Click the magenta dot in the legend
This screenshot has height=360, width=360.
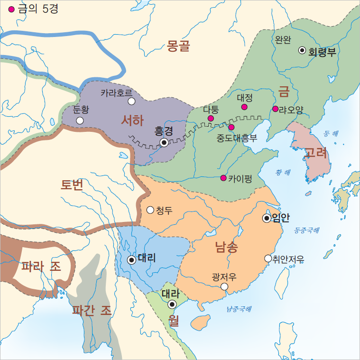click(x=11, y=9)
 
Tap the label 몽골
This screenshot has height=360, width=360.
click(x=178, y=46)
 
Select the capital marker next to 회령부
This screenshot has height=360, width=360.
click(x=302, y=50)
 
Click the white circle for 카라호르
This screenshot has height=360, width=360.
click(x=131, y=101)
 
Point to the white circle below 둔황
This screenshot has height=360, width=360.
click(x=80, y=120)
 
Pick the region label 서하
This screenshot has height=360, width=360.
click(x=132, y=120)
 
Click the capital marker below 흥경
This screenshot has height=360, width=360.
click(x=164, y=142)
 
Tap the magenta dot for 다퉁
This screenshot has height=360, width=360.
click(x=211, y=118)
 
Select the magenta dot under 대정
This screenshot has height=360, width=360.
click(x=244, y=107)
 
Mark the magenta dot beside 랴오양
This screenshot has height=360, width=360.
click(x=276, y=109)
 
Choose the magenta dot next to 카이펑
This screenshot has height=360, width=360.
click(x=223, y=178)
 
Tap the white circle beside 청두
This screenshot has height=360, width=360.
click(x=150, y=210)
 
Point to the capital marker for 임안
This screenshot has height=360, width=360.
click(x=267, y=218)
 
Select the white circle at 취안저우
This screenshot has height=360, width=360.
click(x=268, y=258)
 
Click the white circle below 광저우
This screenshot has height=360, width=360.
click(x=224, y=286)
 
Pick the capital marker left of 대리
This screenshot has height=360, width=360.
click(x=131, y=259)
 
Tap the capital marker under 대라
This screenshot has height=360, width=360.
click(x=172, y=304)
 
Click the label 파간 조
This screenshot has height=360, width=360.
click(x=92, y=311)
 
